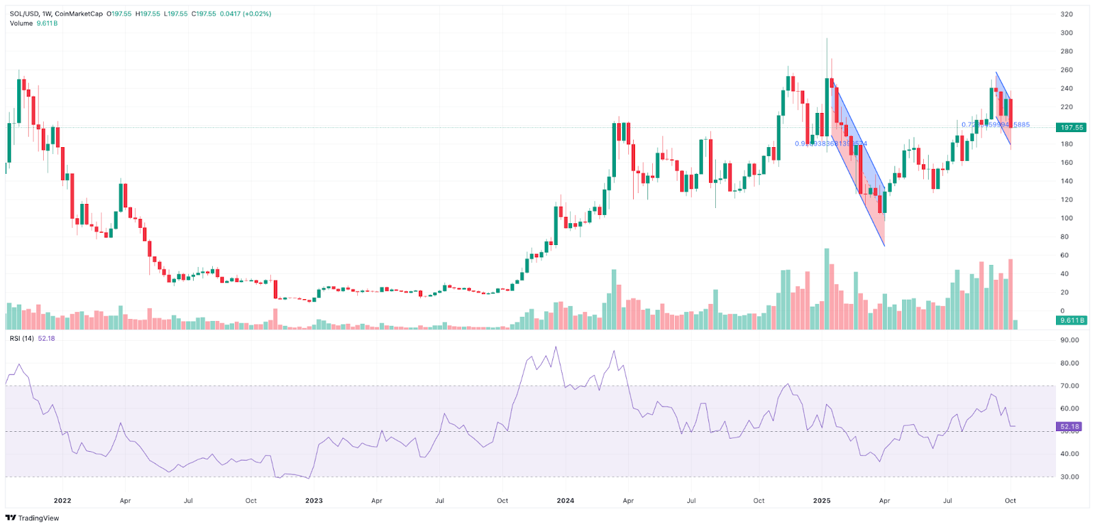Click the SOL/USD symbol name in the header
pos(24,14)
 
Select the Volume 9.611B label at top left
pos(34,23)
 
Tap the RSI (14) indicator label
pos(22,338)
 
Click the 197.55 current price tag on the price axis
pos(1071,127)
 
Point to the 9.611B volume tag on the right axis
pos(1071,320)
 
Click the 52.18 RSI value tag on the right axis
pos(1070,426)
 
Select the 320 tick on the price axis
pos(1066,14)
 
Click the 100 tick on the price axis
pos(1066,218)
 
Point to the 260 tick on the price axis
pos(1066,70)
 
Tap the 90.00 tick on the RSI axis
pos(1069,340)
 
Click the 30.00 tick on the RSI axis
pos(1069,476)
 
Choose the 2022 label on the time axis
pos(62,500)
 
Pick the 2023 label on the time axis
pos(314,500)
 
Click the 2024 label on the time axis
pos(565,500)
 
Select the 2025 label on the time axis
pos(822,500)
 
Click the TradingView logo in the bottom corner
pos(32,518)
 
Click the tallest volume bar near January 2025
pos(827,287)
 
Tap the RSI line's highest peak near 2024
pos(556,347)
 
